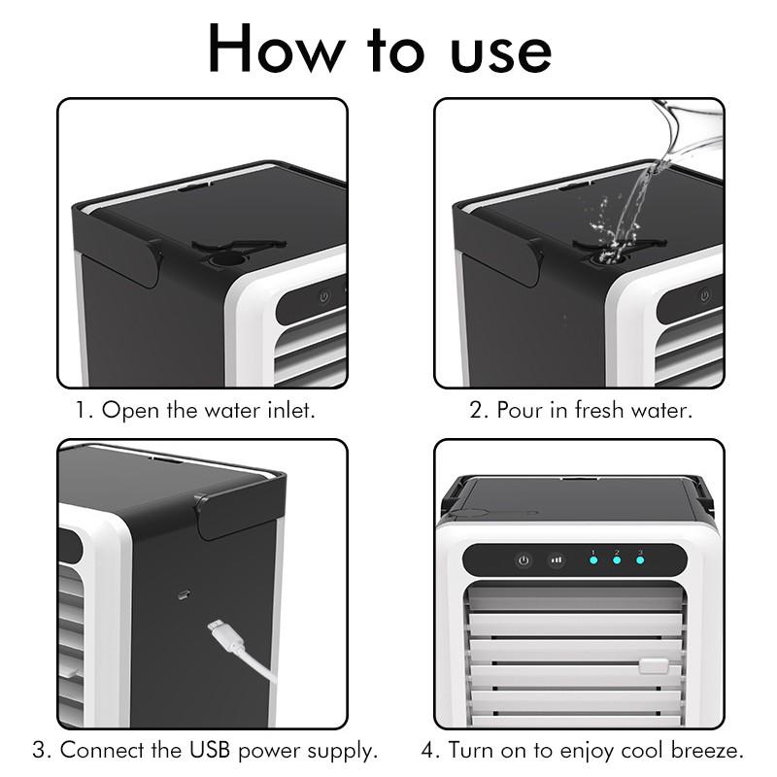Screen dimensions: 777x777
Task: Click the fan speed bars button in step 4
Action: tap(556, 560)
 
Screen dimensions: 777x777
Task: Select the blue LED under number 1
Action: tap(592, 560)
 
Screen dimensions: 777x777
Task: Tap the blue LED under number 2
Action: tap(616, 560)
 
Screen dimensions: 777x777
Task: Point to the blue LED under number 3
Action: tap(640, 560)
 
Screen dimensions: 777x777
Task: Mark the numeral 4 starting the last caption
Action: tap(427, 750)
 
